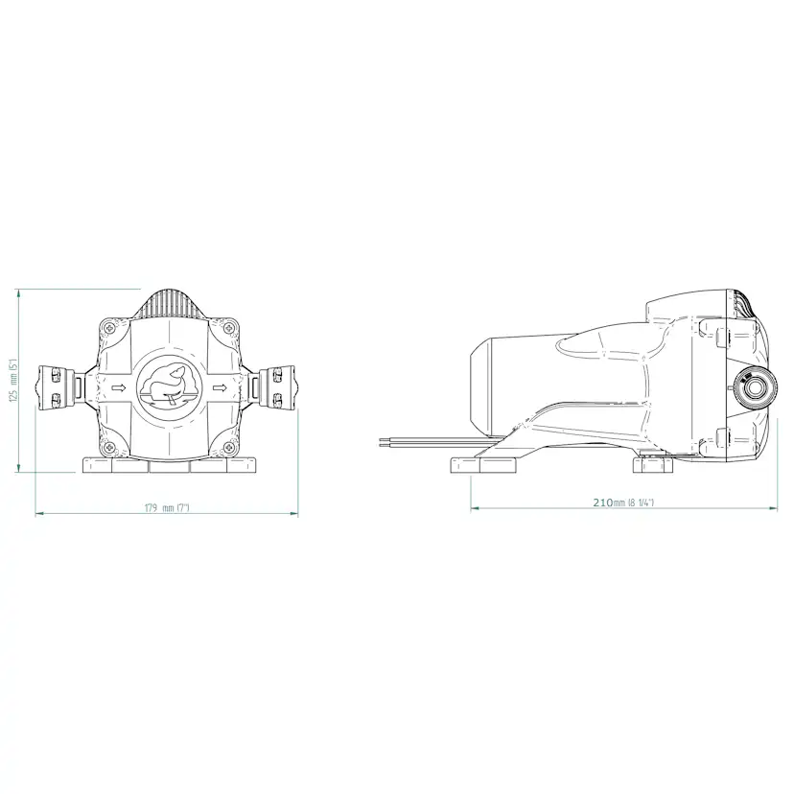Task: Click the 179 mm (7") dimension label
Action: point(166,507)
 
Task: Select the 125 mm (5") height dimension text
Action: point(13,383)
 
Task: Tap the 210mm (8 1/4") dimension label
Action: point(623,502)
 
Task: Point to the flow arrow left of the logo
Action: point(120,387)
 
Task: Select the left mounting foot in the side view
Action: point(485,467)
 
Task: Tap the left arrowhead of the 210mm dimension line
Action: point(474,509)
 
